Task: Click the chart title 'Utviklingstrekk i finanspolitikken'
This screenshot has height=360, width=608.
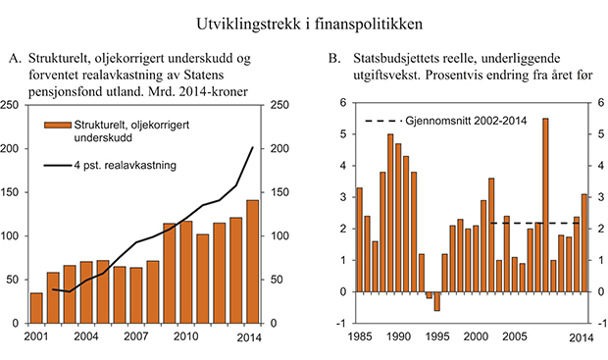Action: pyautogui.click(x=304, y=19)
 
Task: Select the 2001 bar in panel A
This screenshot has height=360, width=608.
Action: pyautogui.click(x=37, y=308)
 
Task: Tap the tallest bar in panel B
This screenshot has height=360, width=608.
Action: pyautogui.click(x=545, y=205)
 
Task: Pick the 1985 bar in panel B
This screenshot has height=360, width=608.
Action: pyautogui.click(x=359, y=240)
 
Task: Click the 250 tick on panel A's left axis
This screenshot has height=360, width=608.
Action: pyautogui.click(x=15, y=104)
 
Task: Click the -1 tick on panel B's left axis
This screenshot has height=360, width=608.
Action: pyautogui.click(x=342, y=324)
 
